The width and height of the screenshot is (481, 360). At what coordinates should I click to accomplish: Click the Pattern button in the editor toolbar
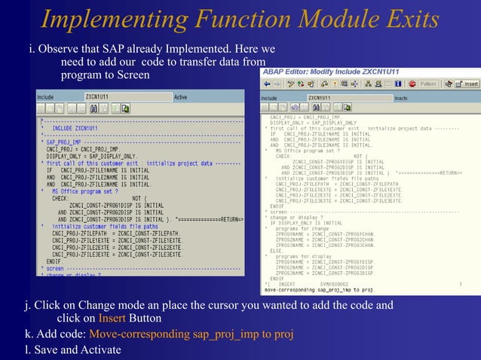pos(427,84)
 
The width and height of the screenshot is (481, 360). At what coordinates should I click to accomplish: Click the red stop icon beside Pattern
pos(409,84)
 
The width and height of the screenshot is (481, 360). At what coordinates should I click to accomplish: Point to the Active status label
pos(180,97)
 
